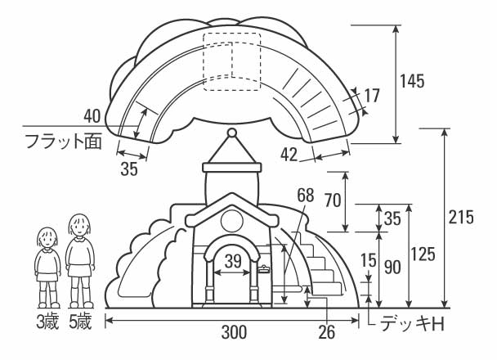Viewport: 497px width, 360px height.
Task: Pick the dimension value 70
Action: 333,200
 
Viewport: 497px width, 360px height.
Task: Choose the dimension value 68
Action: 305,196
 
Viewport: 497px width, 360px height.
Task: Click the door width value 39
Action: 233,261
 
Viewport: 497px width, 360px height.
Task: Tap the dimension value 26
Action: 325,332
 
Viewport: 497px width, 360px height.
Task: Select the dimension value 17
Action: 371,96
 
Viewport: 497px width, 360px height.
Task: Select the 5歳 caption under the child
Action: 80,321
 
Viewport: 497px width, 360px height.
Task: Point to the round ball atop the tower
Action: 231,132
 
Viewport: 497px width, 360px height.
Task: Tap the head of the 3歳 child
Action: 47,238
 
